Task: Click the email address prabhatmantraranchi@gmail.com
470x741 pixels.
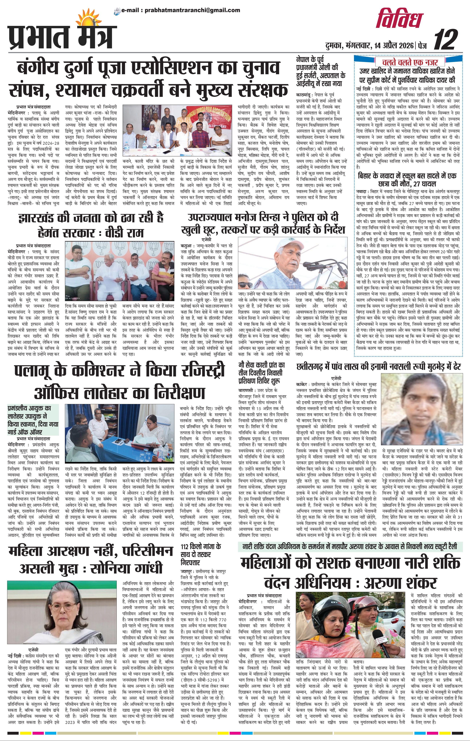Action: click(180, 10)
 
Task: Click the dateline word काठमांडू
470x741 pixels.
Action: click(305, 95)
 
